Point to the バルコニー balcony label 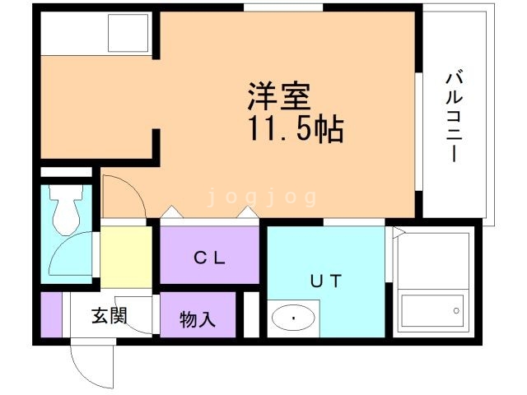(453, 115)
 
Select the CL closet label (210, 257)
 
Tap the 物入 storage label (198, 318)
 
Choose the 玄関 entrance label (108, 315)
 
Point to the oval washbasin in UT (293, 317)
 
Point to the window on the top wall (283, 7)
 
